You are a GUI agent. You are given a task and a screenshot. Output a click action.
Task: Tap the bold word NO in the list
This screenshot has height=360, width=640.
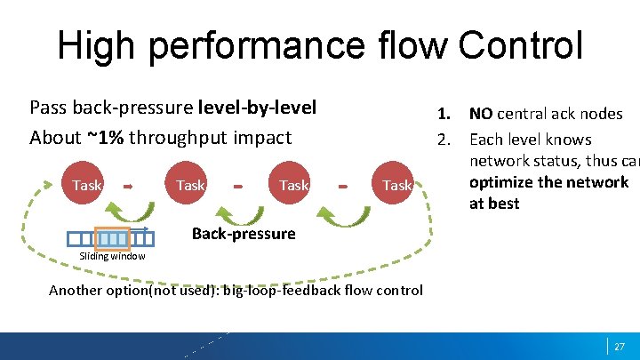click(481, 114)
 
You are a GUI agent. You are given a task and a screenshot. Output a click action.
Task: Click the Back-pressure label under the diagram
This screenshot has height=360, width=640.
click(244, 234)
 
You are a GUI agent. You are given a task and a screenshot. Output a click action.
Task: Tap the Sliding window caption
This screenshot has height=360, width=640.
click(112, 256)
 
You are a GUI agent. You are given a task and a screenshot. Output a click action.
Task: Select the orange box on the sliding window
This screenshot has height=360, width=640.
click(112, 238)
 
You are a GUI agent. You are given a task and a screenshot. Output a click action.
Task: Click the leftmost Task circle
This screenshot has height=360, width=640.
click(87, 185)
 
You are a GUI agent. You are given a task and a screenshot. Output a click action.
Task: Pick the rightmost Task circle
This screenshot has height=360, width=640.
click(396, 185)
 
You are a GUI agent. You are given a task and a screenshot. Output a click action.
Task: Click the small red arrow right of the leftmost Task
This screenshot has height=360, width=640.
click(127, 186)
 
